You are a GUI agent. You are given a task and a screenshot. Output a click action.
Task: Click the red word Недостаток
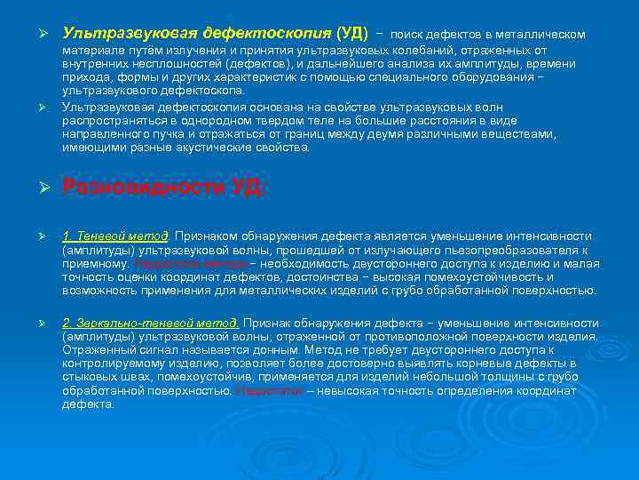(x=267, y=390)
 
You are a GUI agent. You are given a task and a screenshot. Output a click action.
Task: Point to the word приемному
(x=95, y=264)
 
